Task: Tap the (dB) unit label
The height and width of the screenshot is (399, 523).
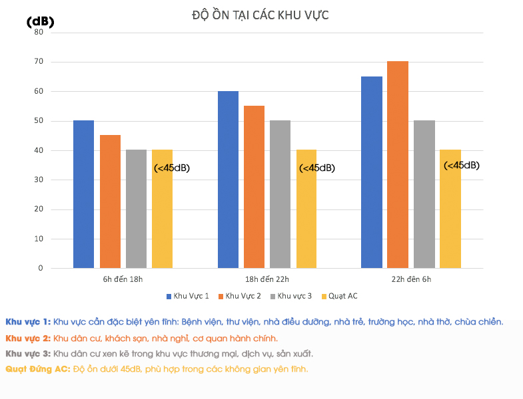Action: (40, 22)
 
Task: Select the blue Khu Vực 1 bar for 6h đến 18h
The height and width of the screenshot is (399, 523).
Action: (84, 194)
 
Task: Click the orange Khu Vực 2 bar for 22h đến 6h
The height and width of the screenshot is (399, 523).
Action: (398, 165)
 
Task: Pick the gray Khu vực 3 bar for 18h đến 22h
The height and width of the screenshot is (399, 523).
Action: (280, 194)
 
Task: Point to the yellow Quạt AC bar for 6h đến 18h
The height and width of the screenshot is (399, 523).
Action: (163, 209)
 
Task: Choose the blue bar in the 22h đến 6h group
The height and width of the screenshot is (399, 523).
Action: (372, 172)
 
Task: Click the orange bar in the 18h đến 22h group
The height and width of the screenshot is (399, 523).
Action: (255, 187)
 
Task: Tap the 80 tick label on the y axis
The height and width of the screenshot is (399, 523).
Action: (39, 32)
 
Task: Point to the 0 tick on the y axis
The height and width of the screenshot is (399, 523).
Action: (41, 268)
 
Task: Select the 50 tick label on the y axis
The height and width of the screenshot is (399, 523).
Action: (39, 121)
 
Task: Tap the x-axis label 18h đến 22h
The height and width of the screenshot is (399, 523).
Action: (267, 279)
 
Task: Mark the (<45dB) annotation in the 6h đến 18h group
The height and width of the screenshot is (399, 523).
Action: (172, 168)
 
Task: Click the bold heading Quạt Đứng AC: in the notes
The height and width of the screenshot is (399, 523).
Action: (37, 368)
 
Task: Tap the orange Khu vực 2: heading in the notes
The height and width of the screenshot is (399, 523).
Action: (27, 338)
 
